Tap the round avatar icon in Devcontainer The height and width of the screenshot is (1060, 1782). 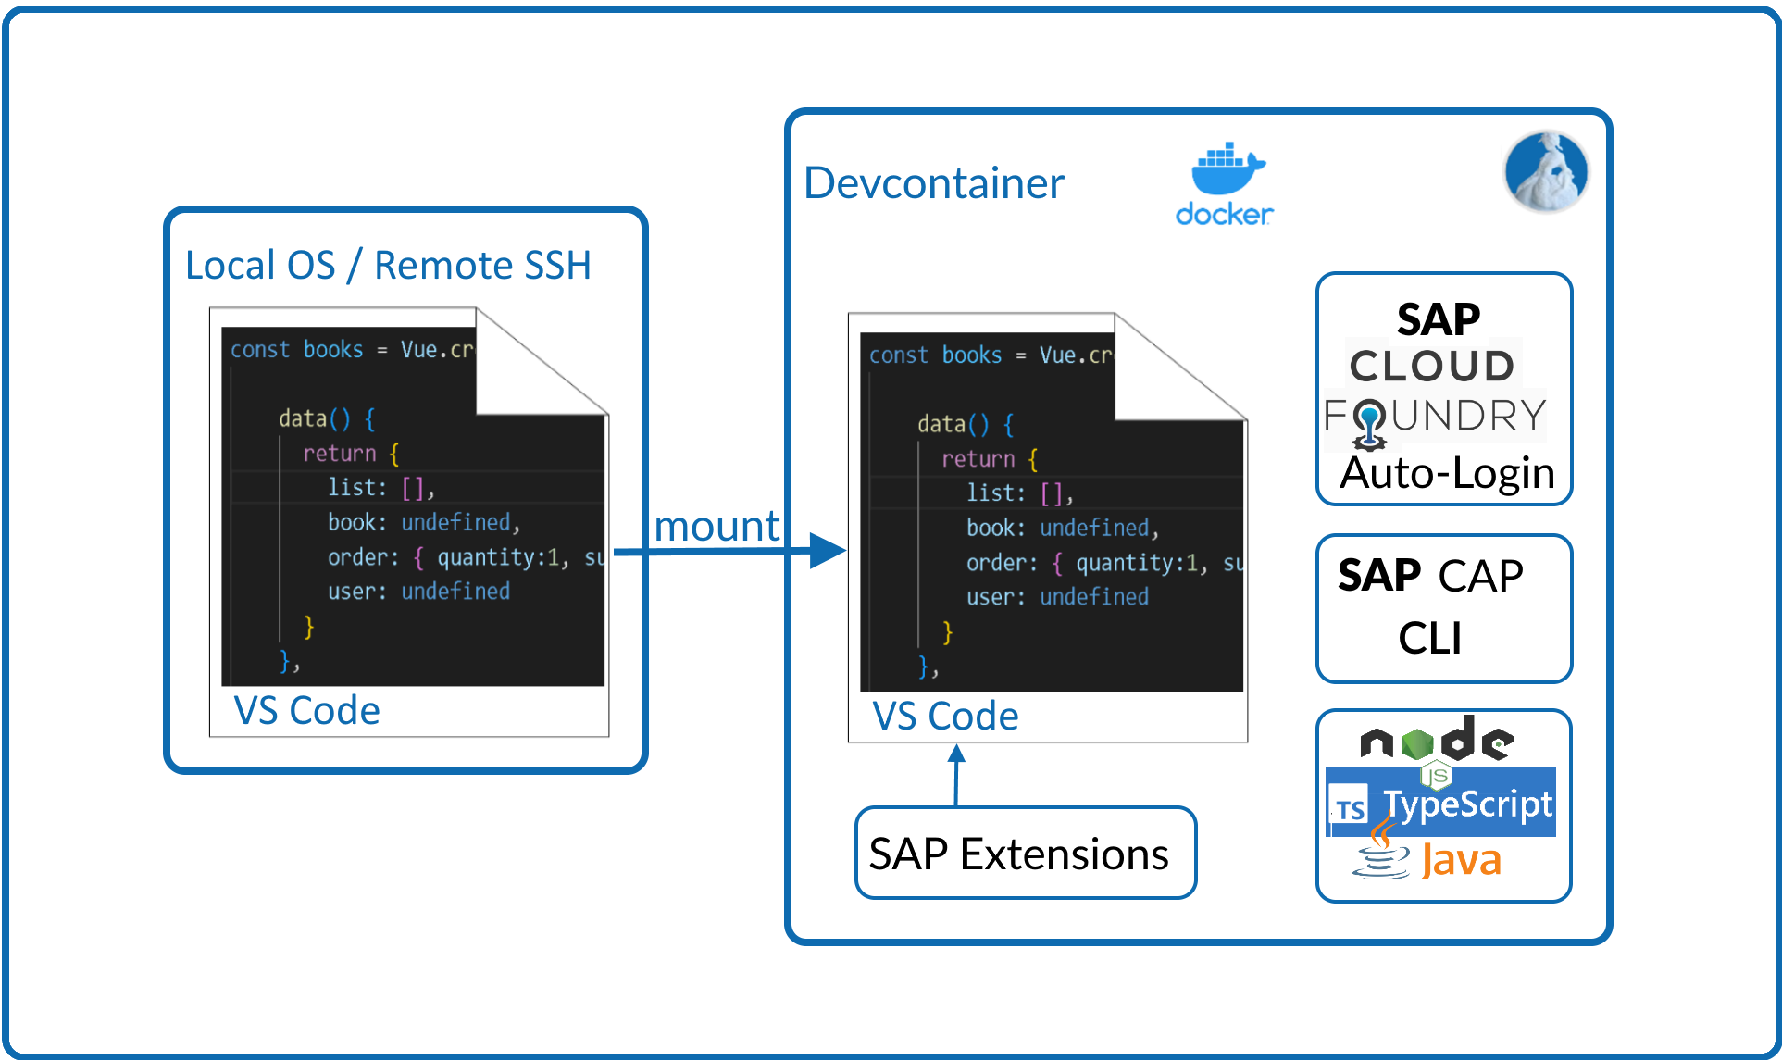click(x=1546, y=171)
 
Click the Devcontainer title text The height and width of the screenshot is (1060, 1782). click(x=933, y=183)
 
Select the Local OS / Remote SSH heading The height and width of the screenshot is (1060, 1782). click(x=388, y=265)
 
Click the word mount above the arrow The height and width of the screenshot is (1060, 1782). click(x=717, y=526)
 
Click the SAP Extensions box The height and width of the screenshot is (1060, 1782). click(x=1026, y=853)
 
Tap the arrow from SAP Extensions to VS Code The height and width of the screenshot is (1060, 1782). click(x=956, y=776)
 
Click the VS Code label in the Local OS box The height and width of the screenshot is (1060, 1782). click(x=306, y=711)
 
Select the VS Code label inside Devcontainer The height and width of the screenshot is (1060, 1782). click(x=945, y=717)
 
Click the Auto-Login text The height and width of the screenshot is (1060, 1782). click(x=1447, y=473)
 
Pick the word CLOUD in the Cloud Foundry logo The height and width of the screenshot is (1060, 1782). click(x=1432, y=366)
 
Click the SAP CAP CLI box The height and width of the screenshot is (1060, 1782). click(x=1444, y=608)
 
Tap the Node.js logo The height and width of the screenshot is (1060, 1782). click(x=1437, y=741)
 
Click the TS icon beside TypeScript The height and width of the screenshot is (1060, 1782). click(x=1350, y=808)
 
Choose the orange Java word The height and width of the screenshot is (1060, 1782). click(x=1461, y=860)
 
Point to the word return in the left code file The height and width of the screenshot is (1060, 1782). click(x=340, y=453)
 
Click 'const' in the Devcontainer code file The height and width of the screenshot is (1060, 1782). click(x=898, y=355)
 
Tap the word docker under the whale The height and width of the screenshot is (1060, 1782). click(x=1224, y=215)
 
